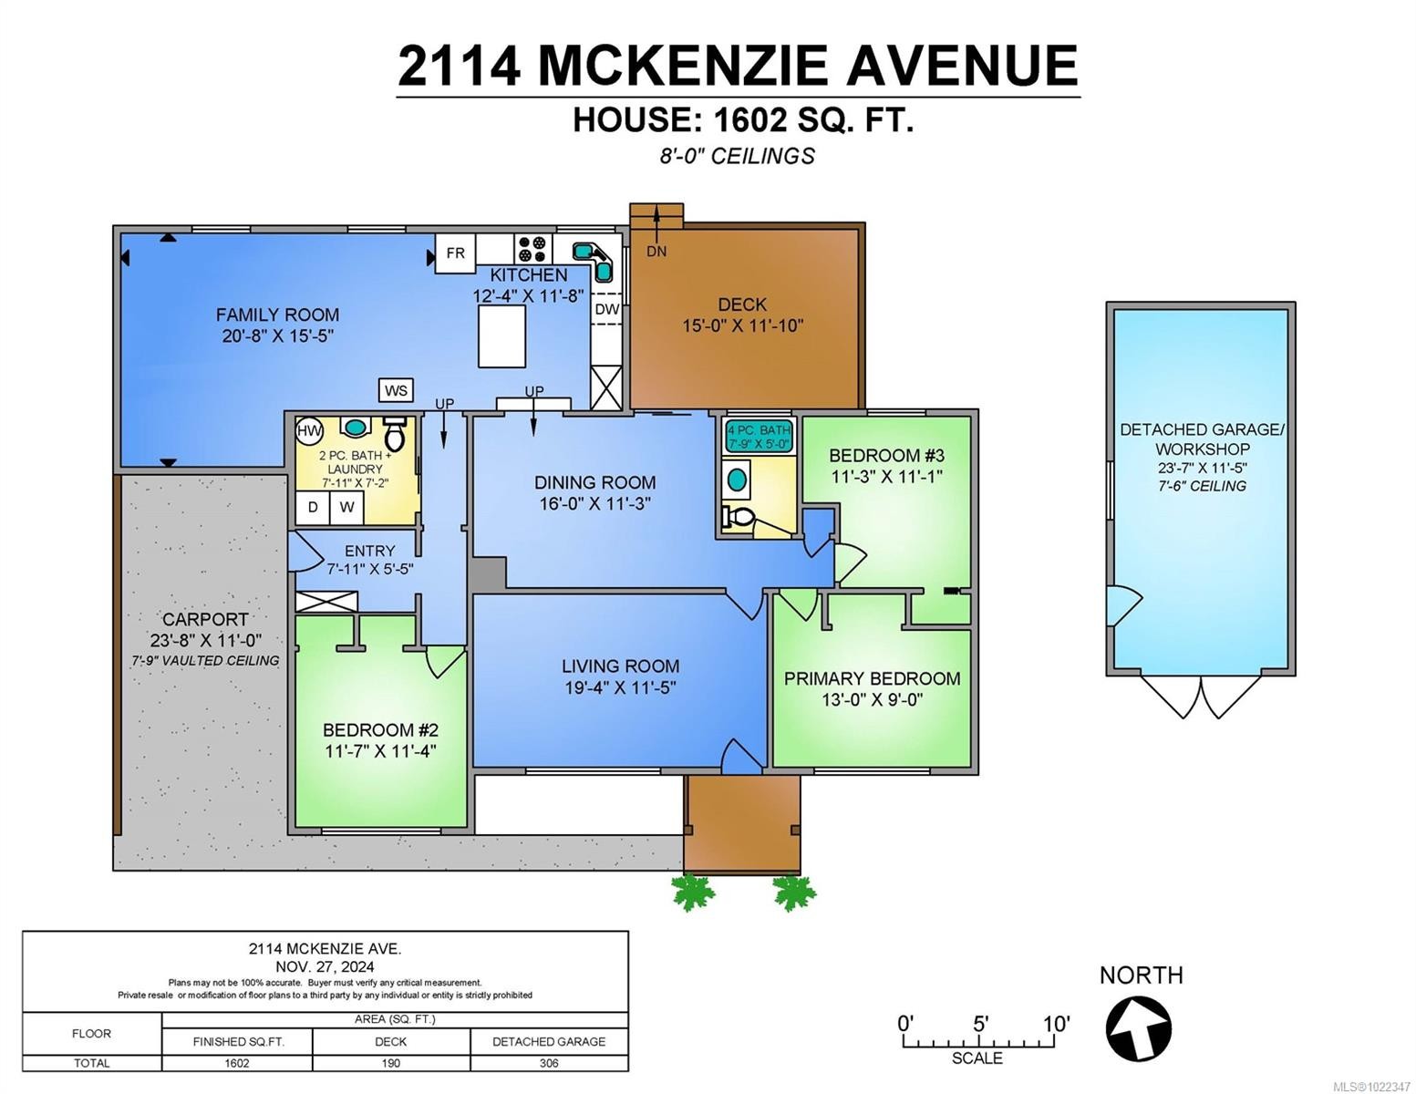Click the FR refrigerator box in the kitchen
click(455, 253)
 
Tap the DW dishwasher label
click(606, 309)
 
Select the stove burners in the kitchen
click(532, 248)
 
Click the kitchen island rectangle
click(501, 335)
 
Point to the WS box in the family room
click(396, 390)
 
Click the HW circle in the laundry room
click(309, 430)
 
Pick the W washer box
click(346, 507)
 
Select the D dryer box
click(313, 507)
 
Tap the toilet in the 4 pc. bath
click(739, 518)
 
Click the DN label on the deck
click(656, 252)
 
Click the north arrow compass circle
click(1138, 1028)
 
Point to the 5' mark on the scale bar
click(980, 1024)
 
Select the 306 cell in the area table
click(549, 1063)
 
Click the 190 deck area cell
click(391, 1063)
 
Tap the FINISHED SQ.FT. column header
click(238, 1041)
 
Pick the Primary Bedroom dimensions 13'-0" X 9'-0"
click(873, 700)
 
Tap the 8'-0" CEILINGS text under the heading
click(737, 156)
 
